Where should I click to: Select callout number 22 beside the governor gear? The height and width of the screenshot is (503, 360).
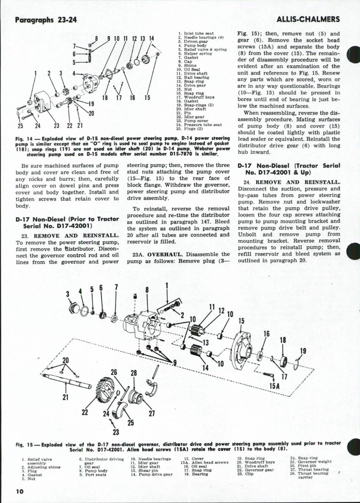click(85, 411)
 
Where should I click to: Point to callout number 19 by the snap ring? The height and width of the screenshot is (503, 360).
click(303, 351)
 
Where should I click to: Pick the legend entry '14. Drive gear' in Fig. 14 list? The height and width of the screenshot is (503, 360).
click(194, 85)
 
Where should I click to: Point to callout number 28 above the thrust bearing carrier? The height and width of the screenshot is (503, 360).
click(134, 373)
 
